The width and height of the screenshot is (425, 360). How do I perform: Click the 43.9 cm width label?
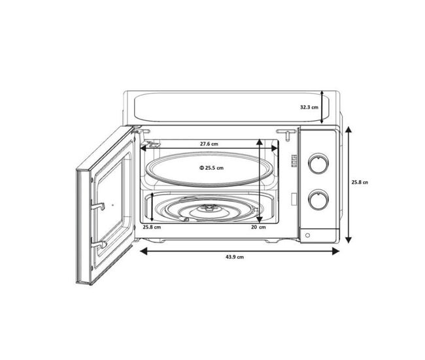tap(235, 257)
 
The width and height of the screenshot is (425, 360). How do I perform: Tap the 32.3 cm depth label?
tap(309, 107)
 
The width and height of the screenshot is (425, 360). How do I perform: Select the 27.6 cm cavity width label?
tap(209, 144)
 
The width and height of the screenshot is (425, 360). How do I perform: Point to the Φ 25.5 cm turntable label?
tap(212, 168)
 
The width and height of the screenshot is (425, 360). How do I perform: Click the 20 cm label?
tap(258, 227)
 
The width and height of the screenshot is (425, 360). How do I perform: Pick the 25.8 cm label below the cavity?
tap(152, 227)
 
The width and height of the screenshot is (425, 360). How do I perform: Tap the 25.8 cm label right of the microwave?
tap(360, 182)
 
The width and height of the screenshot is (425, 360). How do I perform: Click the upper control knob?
tap(318, 163)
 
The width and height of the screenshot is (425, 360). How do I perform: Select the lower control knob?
tap(318, 200)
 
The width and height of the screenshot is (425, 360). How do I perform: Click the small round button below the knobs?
tap(307, 235)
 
